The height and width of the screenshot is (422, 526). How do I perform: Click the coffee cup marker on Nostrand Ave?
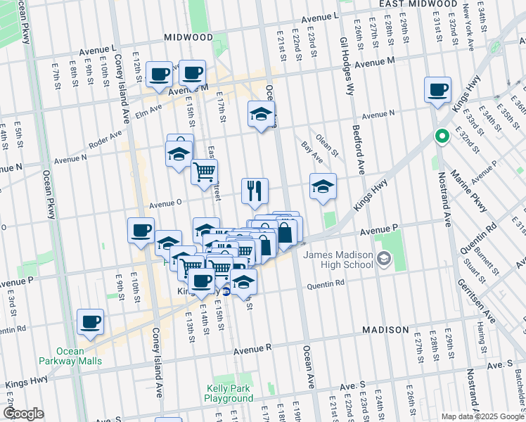pos(437,90)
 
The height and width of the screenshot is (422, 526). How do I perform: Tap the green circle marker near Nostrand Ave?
pos(442,136)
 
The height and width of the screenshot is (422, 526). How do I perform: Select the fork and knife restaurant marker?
pos(255,190)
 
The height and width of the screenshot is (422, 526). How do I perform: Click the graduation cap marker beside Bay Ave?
pos(323,186)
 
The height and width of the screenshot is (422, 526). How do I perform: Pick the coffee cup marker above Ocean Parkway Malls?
pos(90,322)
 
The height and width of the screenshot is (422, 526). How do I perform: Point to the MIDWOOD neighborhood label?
pos(188,37)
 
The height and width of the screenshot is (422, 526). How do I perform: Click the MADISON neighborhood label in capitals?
pos(385,330)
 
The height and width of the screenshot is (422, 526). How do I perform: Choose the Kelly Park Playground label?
pos(229,394)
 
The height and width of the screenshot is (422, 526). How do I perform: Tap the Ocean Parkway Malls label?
pos(70,357)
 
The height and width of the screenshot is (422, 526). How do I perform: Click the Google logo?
pos(23,414)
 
